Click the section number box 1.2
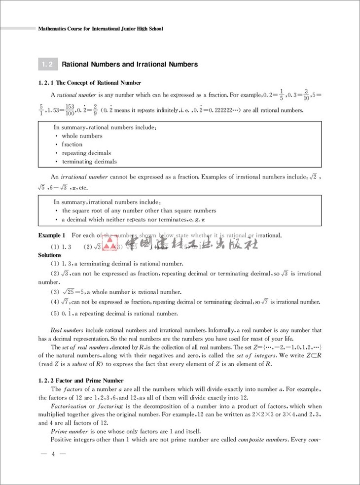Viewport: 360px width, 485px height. tap(48, 64)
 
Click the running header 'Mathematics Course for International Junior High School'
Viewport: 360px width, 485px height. tap(101, 29)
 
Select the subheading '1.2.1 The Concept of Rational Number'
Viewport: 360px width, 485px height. tap(90, 83)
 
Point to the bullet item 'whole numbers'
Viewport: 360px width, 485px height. tap(82, 136)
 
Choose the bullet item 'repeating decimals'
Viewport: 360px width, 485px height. tap(86, 153)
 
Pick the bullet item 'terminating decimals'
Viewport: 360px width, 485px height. tap(89, 161)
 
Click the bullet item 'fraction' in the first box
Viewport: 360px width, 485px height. tap(72, 144)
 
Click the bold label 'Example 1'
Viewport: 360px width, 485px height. tap(52, 236)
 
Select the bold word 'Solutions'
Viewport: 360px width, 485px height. tap(50, 255)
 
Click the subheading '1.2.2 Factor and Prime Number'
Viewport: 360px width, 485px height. tap(81, 381)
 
